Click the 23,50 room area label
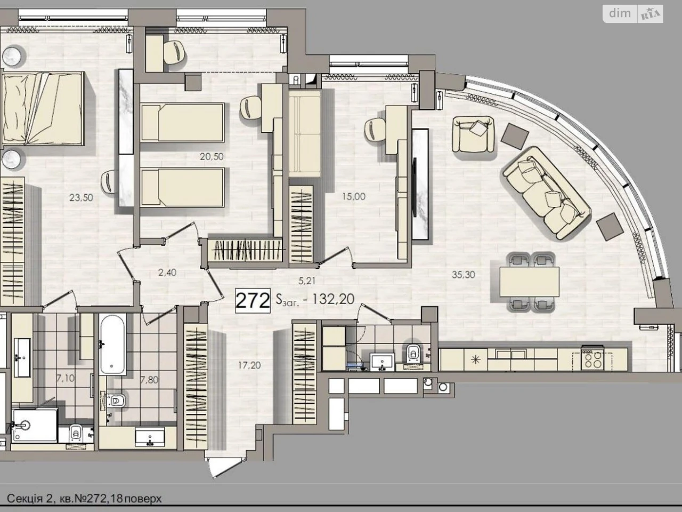click(81, 198)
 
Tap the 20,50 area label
click(212, 157)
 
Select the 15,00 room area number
click(354, 196)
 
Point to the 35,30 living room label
click(463, 275)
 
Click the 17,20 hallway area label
click(249, 365)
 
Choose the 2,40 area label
click(167, 273)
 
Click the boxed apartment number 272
click(253, 300)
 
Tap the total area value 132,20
click(333, 299)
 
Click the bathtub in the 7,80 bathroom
click(112, 344)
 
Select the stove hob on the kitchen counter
click(592, 359)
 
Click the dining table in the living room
click(530, 282)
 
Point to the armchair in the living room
click(473, 134)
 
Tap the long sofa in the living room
click(547, 193)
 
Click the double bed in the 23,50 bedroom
click(43, 108)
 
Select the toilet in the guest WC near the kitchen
click(413, 353)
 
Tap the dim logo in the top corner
click(620, 14)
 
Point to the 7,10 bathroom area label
click(65, 378)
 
